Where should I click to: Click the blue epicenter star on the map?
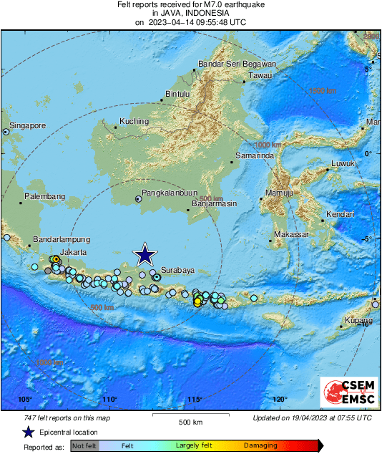[x=146, y=254]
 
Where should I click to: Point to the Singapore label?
[x=28, y=125]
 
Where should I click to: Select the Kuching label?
[x=134, y=121]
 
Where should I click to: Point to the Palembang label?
[x=44, y=196]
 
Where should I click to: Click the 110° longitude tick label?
[x=109, y=400]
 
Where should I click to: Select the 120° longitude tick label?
[x=280, y=400]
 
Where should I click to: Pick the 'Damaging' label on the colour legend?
[x=260, y=445]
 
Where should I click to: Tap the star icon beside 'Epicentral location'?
[x=28, y=432]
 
